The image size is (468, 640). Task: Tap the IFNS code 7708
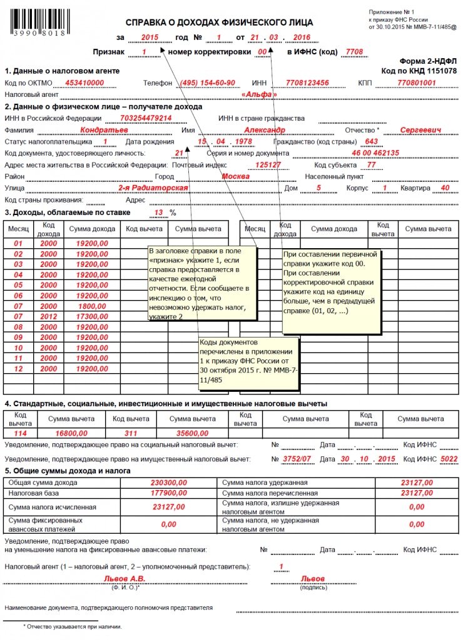(x=354, y=52)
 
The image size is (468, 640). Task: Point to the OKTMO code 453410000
(x=84, y=82)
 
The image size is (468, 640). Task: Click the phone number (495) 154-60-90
(x=207, y=82)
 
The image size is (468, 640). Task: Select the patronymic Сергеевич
(x=420, y=130)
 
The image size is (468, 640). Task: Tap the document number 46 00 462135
(x=375, y=153)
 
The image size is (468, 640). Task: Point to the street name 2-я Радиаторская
(x=153, y=187)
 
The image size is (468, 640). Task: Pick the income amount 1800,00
(x=92, y=306)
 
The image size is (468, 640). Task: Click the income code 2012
(x=48, y=317)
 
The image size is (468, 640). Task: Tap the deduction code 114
(x=19, y=432)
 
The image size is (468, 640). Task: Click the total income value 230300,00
(x=170, y=482)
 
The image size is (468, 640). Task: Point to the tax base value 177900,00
(x=170, y=492)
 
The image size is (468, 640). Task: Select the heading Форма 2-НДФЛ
(x=429, y=61)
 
